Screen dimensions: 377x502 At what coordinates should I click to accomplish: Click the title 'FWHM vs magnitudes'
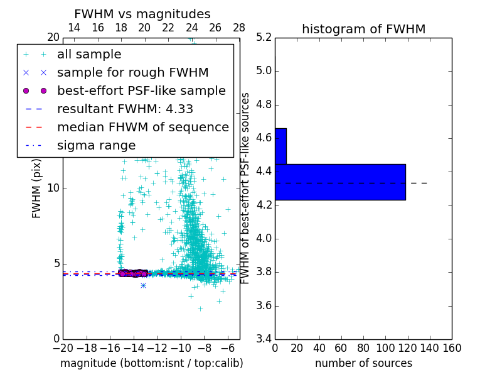(142, 14)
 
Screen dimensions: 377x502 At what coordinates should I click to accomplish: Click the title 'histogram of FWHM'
(363, 29)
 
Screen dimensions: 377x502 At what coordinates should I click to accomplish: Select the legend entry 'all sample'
(89, 55)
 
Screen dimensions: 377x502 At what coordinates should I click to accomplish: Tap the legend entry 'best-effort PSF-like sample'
(141, 90)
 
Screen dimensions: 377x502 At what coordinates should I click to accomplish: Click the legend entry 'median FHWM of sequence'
(142, 127)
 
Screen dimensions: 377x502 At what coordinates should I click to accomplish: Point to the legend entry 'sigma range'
(96, 145)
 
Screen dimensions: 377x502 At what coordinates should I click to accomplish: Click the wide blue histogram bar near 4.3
(340, 182)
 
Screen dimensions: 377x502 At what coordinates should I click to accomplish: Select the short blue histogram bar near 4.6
(280, 146)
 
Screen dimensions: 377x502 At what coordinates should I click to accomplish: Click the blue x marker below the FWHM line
(143, 285)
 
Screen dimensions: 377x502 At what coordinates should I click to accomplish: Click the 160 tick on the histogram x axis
(452, 348)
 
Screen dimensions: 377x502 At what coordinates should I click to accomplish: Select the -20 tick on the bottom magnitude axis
(63, 348)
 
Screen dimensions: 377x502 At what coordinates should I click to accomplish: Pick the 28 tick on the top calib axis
(239, 28)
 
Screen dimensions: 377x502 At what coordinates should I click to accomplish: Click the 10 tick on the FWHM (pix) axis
(54, 188)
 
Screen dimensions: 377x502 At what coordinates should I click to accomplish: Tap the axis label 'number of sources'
(363, 363)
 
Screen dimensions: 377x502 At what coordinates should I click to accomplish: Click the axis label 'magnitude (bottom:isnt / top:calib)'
(151, 363)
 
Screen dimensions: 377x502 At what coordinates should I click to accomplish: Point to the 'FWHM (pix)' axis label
(37, 188)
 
